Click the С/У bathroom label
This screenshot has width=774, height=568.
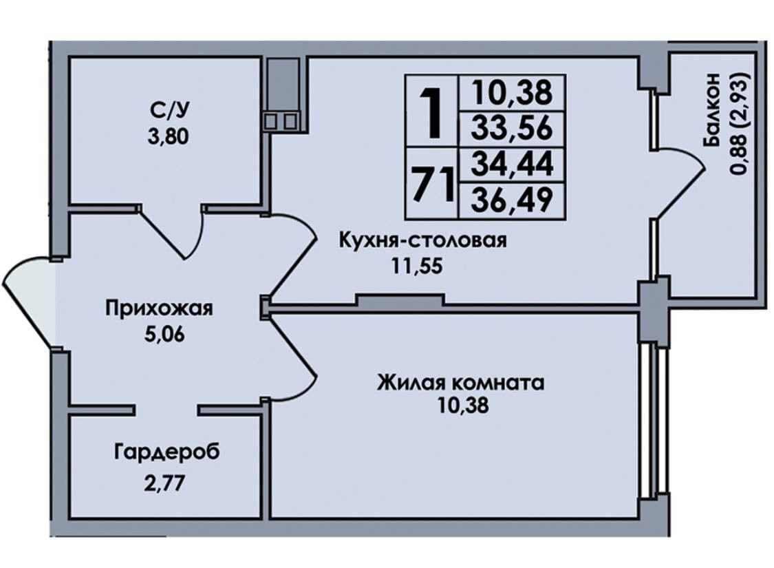168,109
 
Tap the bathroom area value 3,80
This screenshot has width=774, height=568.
168,136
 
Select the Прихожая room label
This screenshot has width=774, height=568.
159,308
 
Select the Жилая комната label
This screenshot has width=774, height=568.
460,382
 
